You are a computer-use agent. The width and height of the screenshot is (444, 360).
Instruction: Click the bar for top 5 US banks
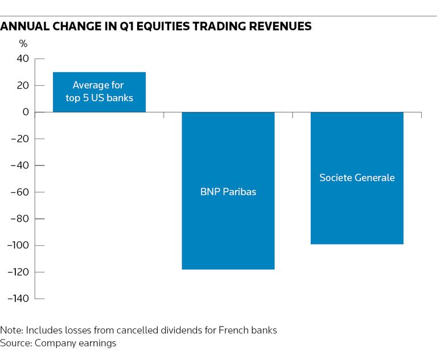pos(99,92)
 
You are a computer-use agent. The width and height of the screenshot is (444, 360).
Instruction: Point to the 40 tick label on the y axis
pos(23,59)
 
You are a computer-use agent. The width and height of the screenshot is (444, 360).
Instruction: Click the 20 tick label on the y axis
pos(23,86)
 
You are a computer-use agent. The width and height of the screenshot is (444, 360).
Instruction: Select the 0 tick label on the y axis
pos(26,113)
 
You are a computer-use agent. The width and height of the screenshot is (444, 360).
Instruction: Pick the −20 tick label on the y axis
pos(20,139)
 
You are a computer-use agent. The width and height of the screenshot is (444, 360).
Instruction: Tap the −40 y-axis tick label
pos(20,165)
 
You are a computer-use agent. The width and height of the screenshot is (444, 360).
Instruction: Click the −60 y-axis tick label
pos(20,192)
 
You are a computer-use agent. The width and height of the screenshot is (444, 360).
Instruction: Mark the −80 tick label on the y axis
pos(20,219)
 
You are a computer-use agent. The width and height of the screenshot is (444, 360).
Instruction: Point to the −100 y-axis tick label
pos(18,246)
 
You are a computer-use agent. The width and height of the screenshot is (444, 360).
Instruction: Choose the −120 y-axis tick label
pos(18,272)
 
